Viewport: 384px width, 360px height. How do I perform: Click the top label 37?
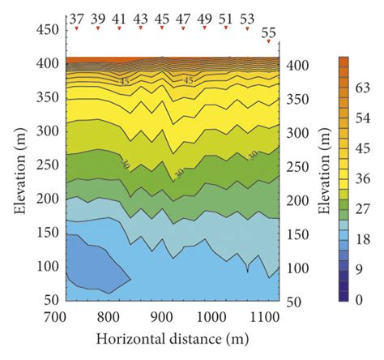pos(76,18)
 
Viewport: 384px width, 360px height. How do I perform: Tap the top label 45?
pos(162,18)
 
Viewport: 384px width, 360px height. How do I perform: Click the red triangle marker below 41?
pos(119,28)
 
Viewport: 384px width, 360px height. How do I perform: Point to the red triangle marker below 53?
pos(247,28)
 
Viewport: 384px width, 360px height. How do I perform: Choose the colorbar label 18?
pos(363,238)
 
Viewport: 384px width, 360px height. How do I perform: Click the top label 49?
pos(205,18)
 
